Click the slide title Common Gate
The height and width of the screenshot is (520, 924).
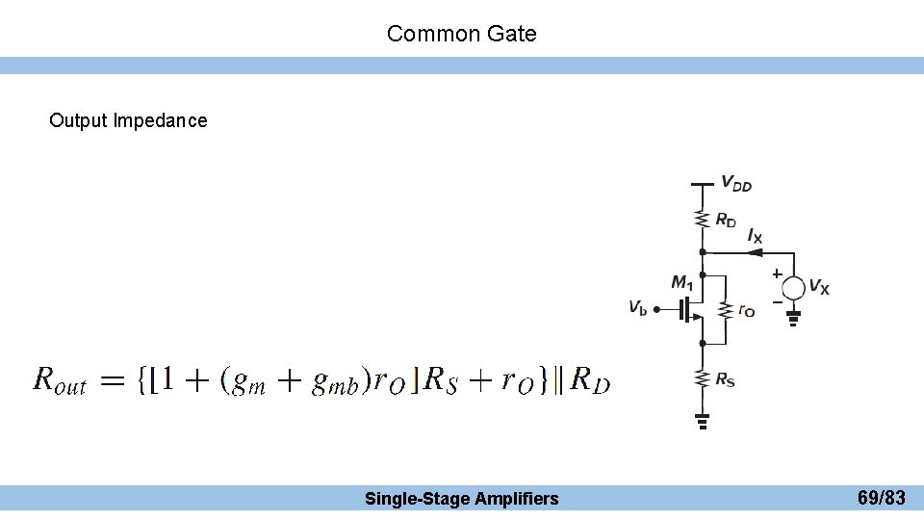(x=461, y=34)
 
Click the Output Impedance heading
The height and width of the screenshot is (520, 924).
(x=128, y=120)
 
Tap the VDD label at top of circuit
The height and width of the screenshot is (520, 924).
(x=736, y=184)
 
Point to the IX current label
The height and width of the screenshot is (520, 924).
(x=756, y=235)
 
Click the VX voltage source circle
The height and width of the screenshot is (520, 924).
(x=793, y=287)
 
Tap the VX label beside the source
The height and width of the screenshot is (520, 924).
(x=819, y=287)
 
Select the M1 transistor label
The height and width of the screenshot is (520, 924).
(x=681, y=282)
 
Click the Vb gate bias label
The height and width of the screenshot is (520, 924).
(x=637, y=308)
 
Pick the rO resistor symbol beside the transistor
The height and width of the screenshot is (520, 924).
(x=727, y=309)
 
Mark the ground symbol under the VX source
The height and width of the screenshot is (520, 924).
(x=793, y=317)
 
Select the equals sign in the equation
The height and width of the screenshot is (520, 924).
(x=113, y=382)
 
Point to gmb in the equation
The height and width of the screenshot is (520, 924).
(x=336, y=383)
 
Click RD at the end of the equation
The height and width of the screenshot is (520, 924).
(x=590, y=381)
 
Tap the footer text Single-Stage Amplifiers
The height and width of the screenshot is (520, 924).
(x=461, y=498)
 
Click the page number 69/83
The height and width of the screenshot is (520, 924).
(x=881, y=498)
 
